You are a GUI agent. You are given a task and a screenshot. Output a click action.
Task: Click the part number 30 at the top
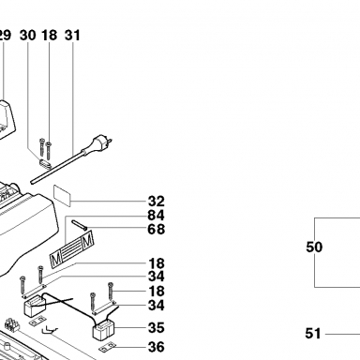[x=28, y=36]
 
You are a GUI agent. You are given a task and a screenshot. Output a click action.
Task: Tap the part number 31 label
[x=72, y=36]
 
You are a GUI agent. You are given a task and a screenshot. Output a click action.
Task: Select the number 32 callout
[x=156, y=202]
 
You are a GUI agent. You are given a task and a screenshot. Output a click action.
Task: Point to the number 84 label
[x=156, y=216]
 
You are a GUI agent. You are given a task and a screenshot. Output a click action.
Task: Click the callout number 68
[x=156, y=229]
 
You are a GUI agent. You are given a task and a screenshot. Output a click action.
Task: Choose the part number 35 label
[x=156, y=328]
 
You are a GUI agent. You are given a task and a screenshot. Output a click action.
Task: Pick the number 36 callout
[x=156, y=347]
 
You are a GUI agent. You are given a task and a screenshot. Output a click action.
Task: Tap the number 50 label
[x=314, y=247]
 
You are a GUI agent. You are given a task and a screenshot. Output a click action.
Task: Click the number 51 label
[x=313, y=334]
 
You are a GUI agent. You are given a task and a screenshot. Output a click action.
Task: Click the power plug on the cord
[x=101, y=143]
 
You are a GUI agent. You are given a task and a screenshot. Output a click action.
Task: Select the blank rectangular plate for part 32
[x=62, y=196]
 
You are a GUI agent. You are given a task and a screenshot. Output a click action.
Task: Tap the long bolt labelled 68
[x=80, y=225]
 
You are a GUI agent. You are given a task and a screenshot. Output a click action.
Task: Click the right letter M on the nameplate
[x=87, y=240]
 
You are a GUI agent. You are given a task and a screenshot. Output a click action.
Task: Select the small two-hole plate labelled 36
[x=108, y=347]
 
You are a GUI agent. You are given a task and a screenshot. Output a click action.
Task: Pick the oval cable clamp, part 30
[x=45, y=164]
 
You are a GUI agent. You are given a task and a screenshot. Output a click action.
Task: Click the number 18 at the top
[x=50, y=36]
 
